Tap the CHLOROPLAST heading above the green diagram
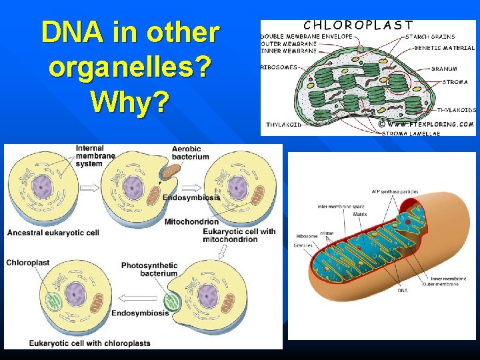click(x=358, y=25)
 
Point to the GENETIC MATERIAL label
click(x=444, y=48)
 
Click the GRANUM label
click(x=444, y=69)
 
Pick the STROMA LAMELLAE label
click(x=411, y=133)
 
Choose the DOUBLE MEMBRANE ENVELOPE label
click(x=307, y=36)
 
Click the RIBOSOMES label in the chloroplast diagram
click(x=279, y=67)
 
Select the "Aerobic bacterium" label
click(x=190, y=153)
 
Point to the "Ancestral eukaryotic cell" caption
click(x=53, y=233)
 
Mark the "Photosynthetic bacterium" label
click(x=149, y=269)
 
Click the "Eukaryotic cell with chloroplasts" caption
click(x=89, y=343)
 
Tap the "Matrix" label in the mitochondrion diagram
click(x=360, y=215)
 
